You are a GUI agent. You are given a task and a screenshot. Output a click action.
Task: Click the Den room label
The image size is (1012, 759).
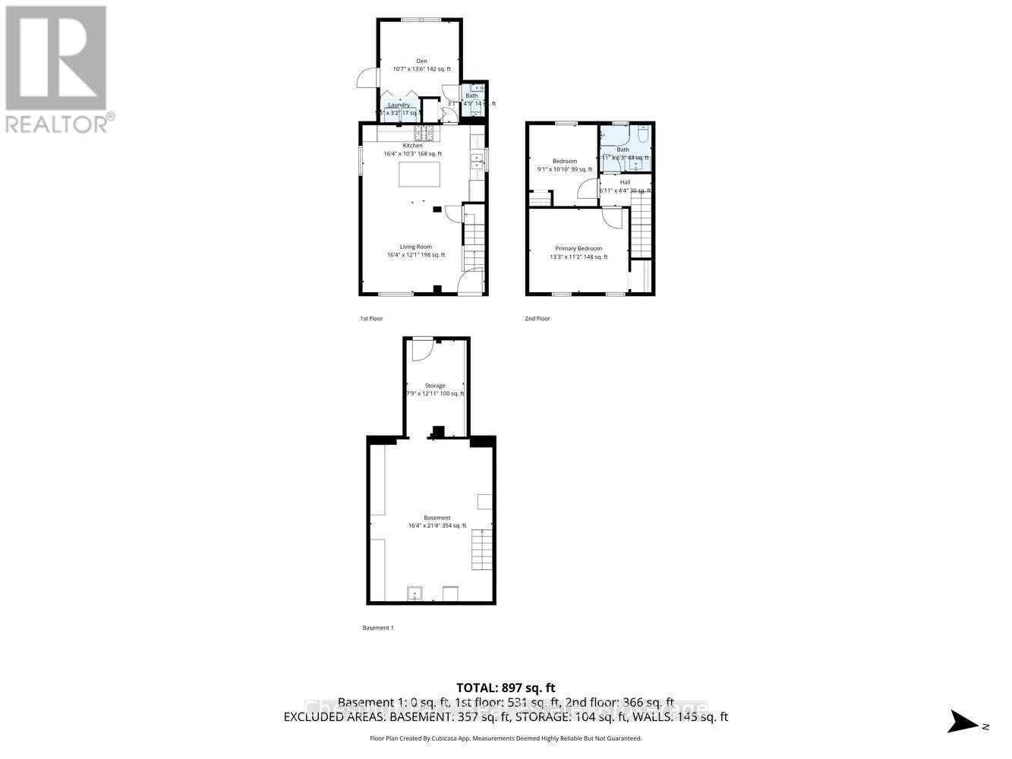421,61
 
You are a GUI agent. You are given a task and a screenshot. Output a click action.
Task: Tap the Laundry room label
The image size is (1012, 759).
399,105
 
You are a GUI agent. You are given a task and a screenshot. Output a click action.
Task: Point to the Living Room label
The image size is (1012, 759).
416,247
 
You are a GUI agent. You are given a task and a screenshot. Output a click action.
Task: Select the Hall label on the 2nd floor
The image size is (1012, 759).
625,182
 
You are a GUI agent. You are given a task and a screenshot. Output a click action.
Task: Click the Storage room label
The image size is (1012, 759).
435,386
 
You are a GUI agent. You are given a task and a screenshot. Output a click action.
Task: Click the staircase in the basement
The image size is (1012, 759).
482,550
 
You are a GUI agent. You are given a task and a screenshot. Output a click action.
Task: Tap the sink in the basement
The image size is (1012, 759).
415,593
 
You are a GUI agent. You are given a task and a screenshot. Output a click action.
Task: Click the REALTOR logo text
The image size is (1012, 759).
56,122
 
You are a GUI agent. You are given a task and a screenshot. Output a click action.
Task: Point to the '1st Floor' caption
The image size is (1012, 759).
371,319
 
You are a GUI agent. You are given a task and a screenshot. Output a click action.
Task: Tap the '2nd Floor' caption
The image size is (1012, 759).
538,319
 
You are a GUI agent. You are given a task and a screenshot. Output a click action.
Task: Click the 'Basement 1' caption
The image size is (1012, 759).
378,628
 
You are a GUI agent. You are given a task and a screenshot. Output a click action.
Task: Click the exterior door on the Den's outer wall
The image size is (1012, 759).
367,78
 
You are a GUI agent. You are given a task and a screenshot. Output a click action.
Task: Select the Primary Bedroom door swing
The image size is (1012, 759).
613,218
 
